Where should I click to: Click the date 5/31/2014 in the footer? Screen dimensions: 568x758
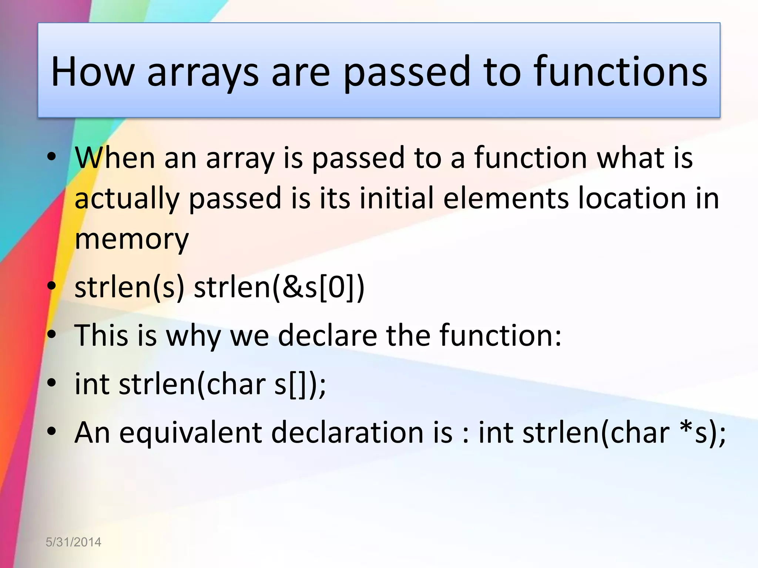(x=73, y=542)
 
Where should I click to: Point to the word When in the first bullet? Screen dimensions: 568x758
(x=115, y=158)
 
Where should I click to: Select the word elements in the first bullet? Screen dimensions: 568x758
(x=506, y=198)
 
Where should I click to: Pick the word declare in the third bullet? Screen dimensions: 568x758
(x=327, y=335)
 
